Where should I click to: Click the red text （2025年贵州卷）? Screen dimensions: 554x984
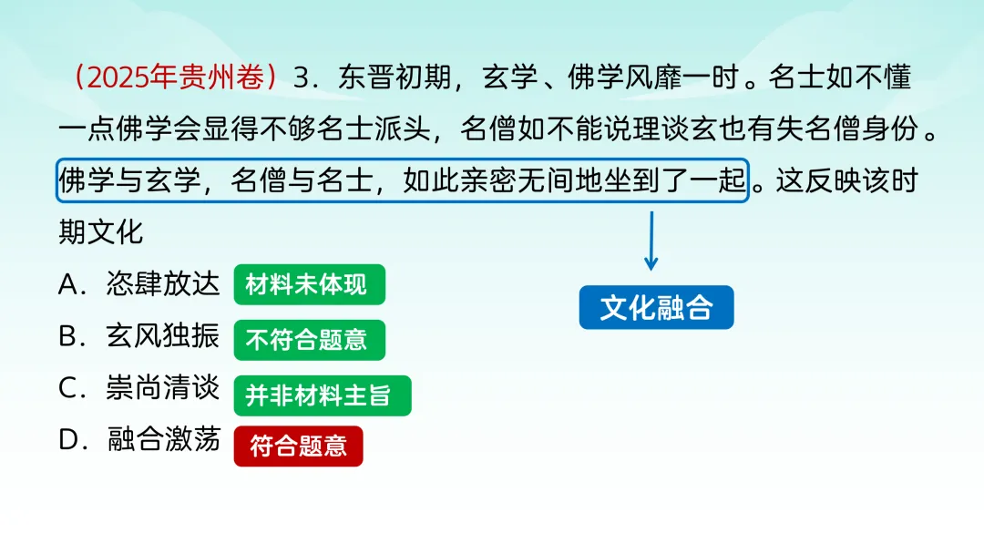178,78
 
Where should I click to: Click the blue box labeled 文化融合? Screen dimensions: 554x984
656,308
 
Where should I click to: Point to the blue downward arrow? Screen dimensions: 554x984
651,241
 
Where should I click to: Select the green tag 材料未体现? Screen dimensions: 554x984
309,285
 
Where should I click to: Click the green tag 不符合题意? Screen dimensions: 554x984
309,341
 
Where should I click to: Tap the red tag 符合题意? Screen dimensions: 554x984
298,446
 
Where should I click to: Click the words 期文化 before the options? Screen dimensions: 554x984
101,232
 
